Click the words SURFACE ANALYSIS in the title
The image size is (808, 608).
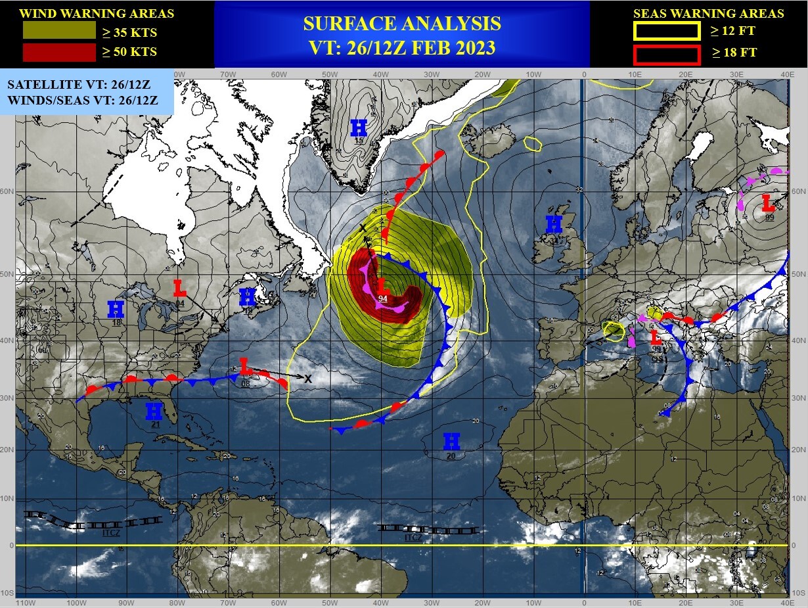click(x=401, y=24)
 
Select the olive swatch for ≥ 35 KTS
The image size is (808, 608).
click(x=59, y=30)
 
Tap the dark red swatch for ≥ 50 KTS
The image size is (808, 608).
click(x=59, y=51)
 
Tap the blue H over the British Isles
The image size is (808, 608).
click(x=554, y=224)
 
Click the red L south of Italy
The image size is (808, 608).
click(x=656, y=338)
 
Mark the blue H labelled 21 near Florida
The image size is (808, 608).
click(x=154, y=411)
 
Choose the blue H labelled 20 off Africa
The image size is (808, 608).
click(x=451, y=441)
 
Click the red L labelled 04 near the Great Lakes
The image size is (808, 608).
click(x=179, y=288)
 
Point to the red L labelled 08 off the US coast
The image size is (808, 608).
click(x=244, y=366)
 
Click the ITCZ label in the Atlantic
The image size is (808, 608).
click(x=414, y=537)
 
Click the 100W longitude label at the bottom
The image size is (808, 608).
click(x=76, y=602)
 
